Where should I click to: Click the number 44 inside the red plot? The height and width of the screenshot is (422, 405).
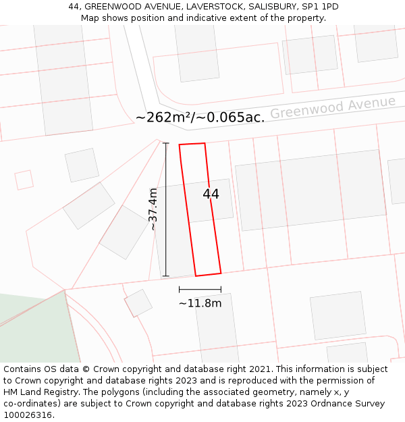[211, 194]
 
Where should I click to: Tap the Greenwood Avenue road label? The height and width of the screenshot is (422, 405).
[333, 107]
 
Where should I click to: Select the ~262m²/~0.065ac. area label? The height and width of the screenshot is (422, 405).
[200, 117]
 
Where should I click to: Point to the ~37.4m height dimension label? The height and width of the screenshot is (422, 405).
[153, 209]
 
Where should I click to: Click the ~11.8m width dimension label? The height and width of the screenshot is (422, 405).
[200, 303]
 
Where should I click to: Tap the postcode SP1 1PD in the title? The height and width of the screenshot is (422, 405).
[320, 7]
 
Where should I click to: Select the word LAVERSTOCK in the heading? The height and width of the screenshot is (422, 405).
[213, 7]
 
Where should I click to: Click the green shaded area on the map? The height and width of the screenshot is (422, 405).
[34, 331]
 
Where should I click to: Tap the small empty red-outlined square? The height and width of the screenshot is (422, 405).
[24, 180]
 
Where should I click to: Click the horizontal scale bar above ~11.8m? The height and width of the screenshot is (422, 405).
[200, 290]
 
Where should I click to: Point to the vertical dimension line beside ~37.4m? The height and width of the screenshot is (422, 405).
[166, 209]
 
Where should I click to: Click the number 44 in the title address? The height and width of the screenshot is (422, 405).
[74, 7]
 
